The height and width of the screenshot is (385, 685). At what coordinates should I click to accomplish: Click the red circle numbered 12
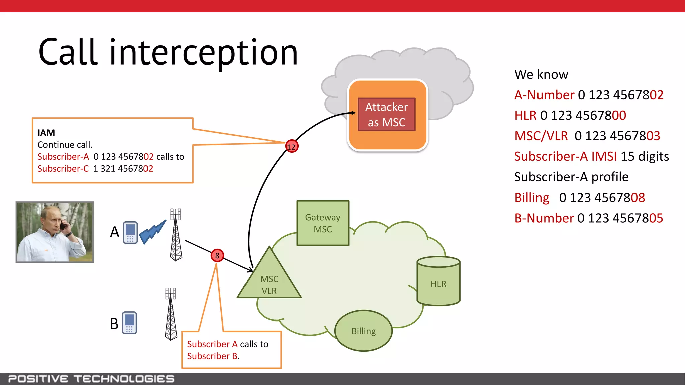(291, 146)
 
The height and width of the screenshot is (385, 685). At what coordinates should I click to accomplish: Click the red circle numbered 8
(217, 256)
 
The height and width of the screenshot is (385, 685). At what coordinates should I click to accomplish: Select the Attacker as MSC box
(387, 115)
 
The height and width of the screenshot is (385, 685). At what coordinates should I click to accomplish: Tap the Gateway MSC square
(323, 223)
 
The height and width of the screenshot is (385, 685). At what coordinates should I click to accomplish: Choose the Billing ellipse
(363, 331)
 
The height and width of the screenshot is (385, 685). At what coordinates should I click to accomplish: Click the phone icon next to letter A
(130, 232)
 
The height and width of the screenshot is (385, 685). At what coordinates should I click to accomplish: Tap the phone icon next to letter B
(129, 323)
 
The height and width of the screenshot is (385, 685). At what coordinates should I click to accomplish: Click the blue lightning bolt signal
(153, 231)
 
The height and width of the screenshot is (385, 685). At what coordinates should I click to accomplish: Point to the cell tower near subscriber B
(171, 314)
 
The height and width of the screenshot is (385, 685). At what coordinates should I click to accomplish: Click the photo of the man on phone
(55, 232)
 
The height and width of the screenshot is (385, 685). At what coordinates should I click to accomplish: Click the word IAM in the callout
(46, 133)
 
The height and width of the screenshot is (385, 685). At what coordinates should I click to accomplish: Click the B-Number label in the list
(544, 218)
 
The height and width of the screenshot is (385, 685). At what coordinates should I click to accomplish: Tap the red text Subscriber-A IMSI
(565, 156)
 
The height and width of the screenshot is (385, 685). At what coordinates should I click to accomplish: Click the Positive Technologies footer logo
(91, 379)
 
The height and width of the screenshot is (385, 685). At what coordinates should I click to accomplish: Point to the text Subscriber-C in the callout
(63, 169)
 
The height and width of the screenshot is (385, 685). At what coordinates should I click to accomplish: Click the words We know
(541, 74)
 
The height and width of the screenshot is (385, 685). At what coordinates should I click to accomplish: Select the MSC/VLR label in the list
(541, 136)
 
